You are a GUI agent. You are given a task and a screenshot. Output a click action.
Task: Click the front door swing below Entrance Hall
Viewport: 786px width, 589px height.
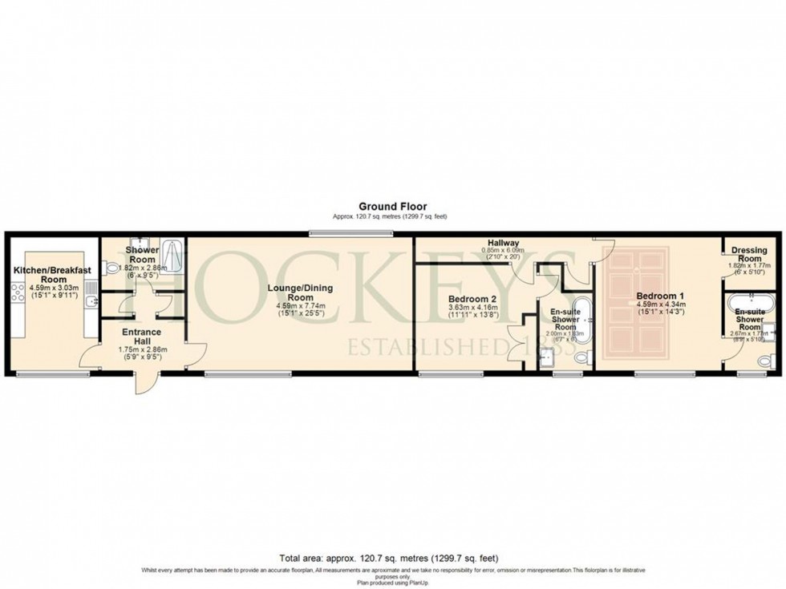pos(146,383)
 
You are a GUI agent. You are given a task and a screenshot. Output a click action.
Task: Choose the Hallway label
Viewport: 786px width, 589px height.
pos(502,243)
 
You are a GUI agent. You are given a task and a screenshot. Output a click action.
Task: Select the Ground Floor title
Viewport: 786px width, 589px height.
pos(392,206)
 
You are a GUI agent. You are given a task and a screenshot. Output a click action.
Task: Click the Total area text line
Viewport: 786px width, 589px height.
pos(392,559)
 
